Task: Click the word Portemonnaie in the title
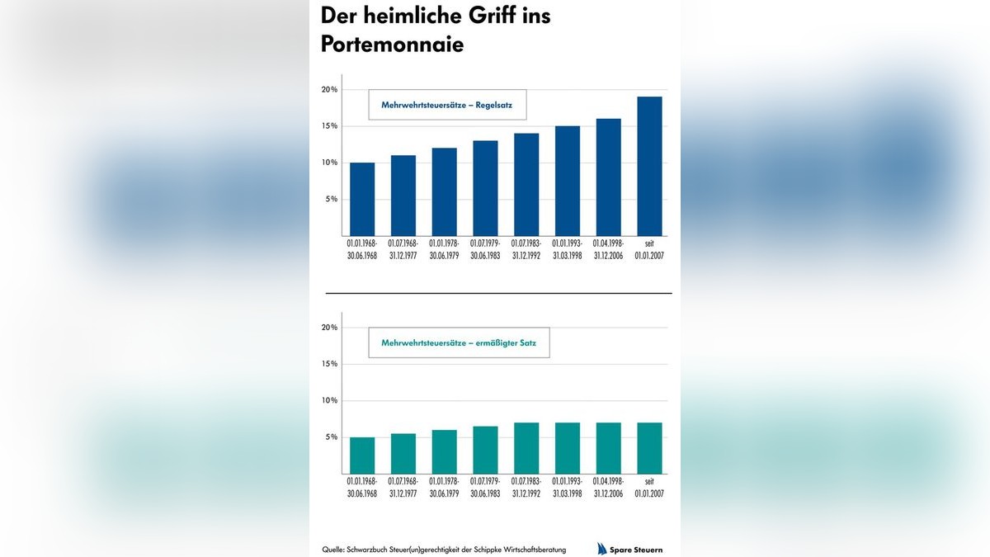point(392,45)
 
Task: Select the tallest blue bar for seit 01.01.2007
point(649,166)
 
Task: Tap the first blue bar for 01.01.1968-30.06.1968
point(362,199)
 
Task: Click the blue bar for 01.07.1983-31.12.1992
point(526,184)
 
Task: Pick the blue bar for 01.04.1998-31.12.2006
point(608,177)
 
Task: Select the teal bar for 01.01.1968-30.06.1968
point(362,456)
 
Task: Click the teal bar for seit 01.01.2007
point(649,448)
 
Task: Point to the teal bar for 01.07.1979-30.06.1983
point(485,450)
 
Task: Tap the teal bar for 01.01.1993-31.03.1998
point(568,448)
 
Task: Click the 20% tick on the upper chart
point(329,89)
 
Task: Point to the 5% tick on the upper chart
point(331,199)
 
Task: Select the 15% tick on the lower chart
point(329,364)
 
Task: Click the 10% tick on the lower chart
point(329,400)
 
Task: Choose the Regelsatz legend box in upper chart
point(446,105)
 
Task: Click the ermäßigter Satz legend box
point(459,342)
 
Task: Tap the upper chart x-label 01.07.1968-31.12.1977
point(403,249)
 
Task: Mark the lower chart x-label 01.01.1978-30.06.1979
point(444,487)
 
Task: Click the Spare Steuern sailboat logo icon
point(603,549)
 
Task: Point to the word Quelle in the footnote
point(333,550)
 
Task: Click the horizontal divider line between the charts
point(498,293)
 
